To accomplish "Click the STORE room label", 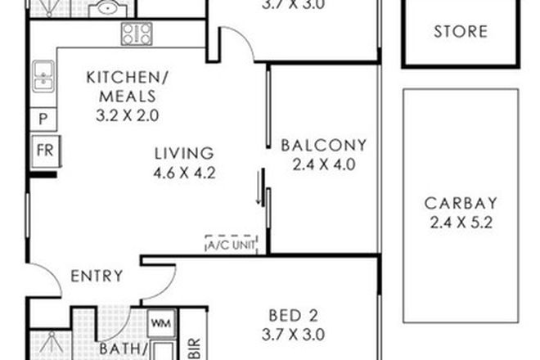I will point(460,32).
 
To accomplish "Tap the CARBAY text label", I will point(460,204).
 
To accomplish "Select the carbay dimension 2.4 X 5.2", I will point(460,223).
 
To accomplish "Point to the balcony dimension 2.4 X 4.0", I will point(324,164).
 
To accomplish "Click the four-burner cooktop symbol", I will point(136,34).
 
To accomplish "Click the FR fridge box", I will point(43,151).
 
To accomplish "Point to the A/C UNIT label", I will point(231,243).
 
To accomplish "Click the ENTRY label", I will point(97,276).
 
